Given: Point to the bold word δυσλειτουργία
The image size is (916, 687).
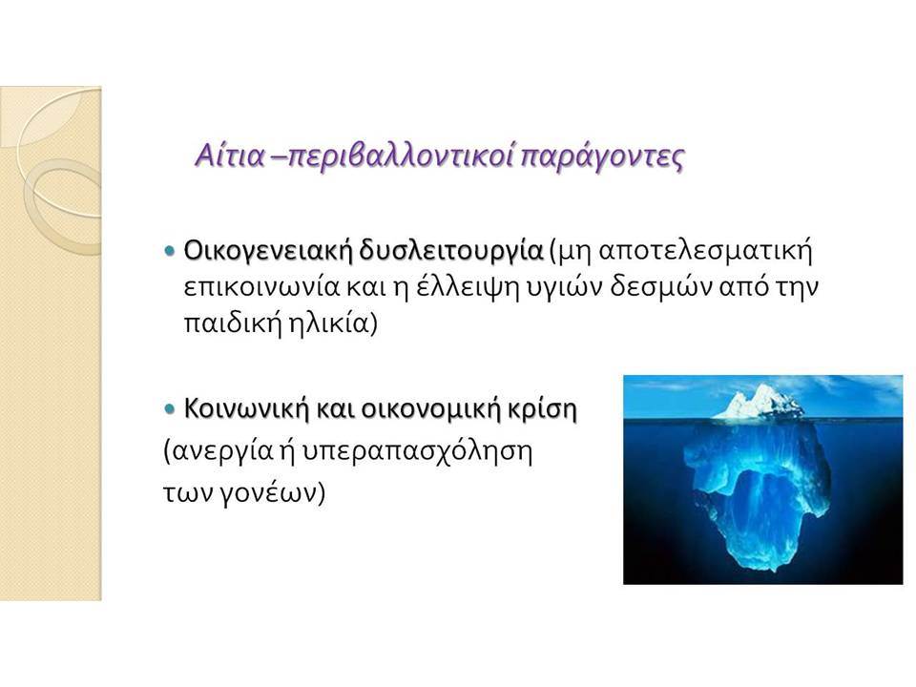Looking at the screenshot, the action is point(450,251).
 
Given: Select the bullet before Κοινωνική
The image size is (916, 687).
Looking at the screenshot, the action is point(170,408).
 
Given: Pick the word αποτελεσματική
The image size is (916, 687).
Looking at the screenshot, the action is point(706,251).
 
